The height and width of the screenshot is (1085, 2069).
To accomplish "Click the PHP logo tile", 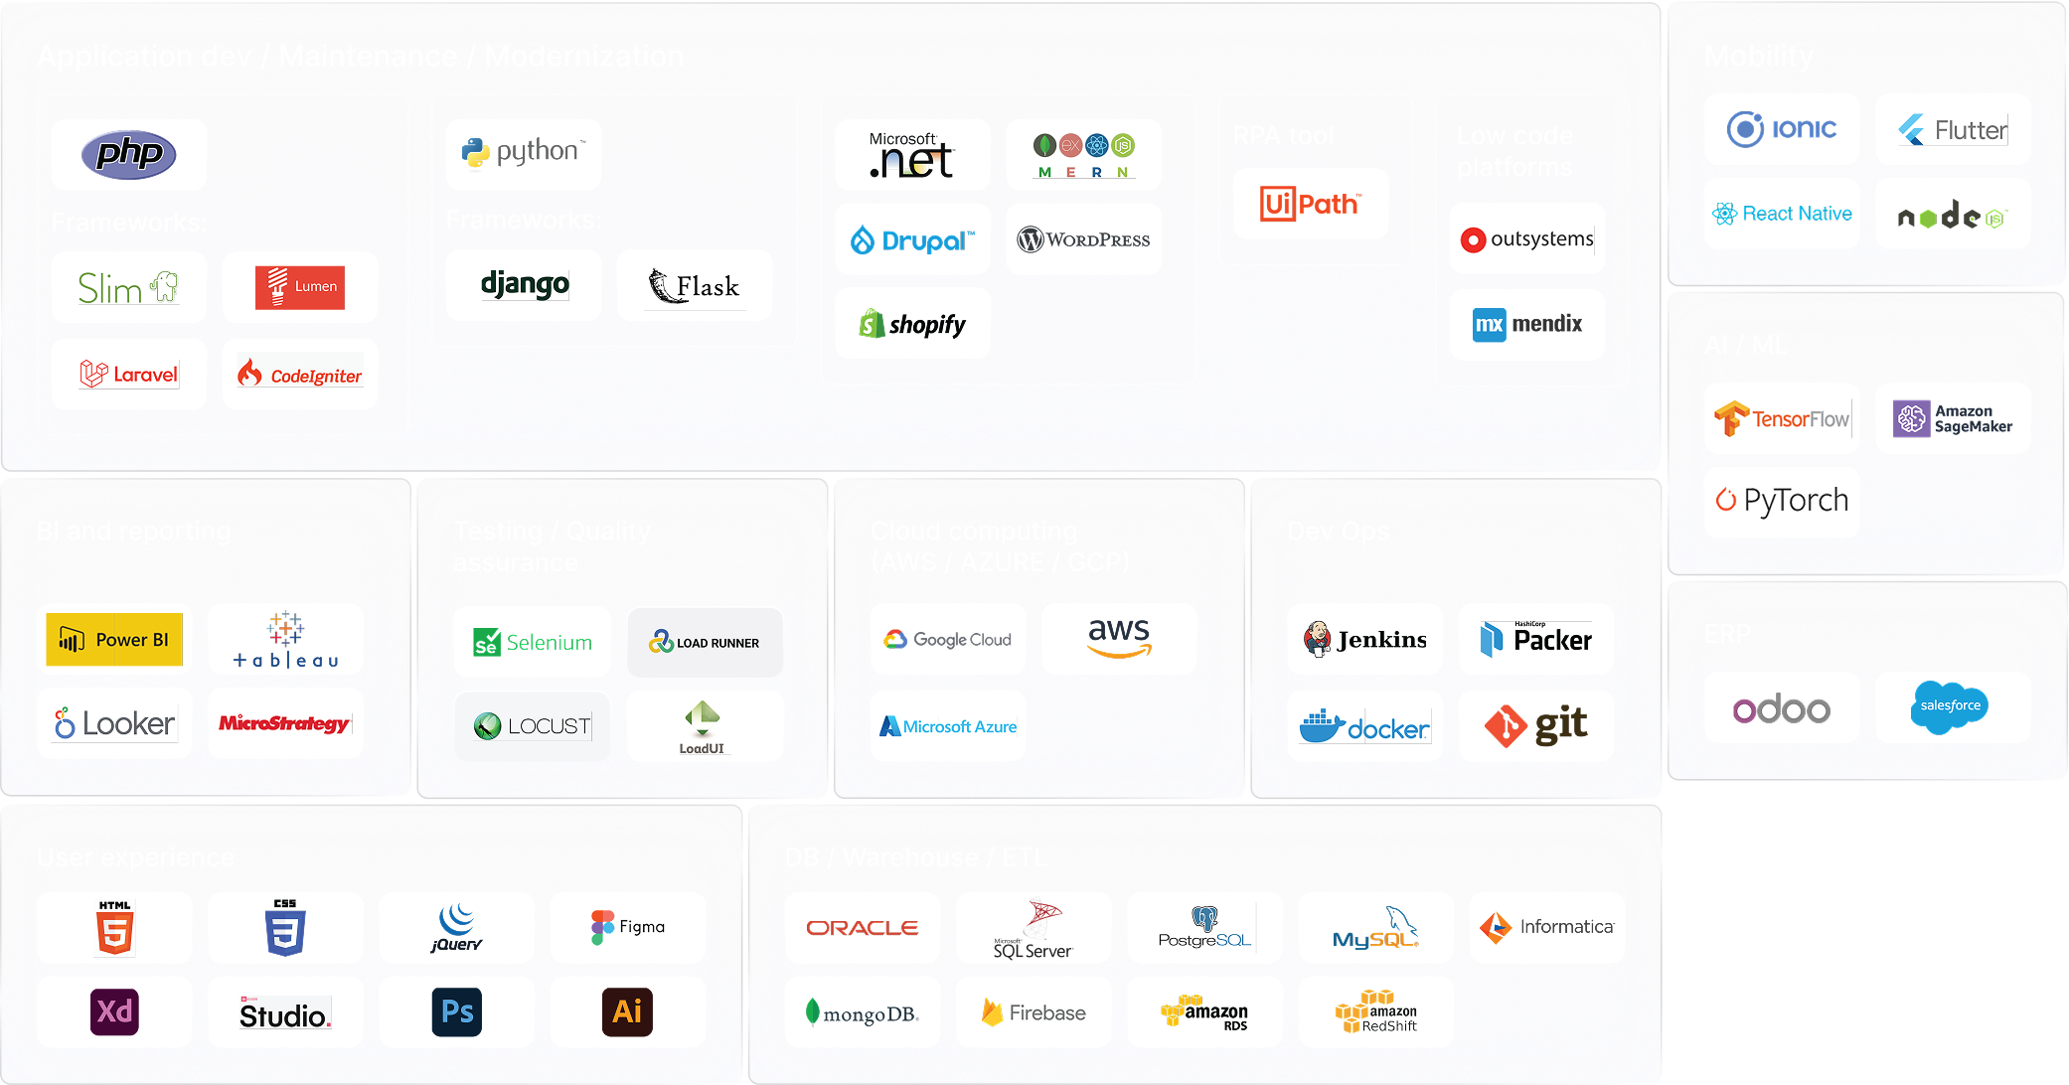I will click(129, 154).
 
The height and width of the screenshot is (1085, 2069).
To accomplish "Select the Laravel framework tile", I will click(129, 375).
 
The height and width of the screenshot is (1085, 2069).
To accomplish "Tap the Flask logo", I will click(694, 286).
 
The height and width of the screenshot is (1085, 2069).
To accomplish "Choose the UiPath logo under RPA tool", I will click(1310, 204).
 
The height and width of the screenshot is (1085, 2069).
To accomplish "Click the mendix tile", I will click(1526, 324).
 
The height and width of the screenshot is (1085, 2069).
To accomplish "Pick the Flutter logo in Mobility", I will click(1952, 130).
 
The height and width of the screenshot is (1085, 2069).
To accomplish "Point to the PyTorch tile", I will click(1781, 501).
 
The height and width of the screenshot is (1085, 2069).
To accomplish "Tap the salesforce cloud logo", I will click(1950, 706).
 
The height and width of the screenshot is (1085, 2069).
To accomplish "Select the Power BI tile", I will click(114, 639).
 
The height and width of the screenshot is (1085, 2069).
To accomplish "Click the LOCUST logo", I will click(532, 726).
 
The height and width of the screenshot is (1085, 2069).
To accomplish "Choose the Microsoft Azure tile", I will click(948, 726).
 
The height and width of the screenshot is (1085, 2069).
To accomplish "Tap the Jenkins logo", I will click(1364, 639).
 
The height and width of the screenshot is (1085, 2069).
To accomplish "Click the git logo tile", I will click(1535, 726).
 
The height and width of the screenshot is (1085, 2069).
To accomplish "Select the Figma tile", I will click(627, 927).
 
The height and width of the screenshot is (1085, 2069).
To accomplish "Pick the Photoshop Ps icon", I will click(456, 1011).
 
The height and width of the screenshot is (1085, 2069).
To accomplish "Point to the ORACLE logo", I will click(862, 927).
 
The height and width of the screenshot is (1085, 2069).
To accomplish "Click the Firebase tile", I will click(1033, 1011).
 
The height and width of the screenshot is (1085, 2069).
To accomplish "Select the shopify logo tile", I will click(912, 324).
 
